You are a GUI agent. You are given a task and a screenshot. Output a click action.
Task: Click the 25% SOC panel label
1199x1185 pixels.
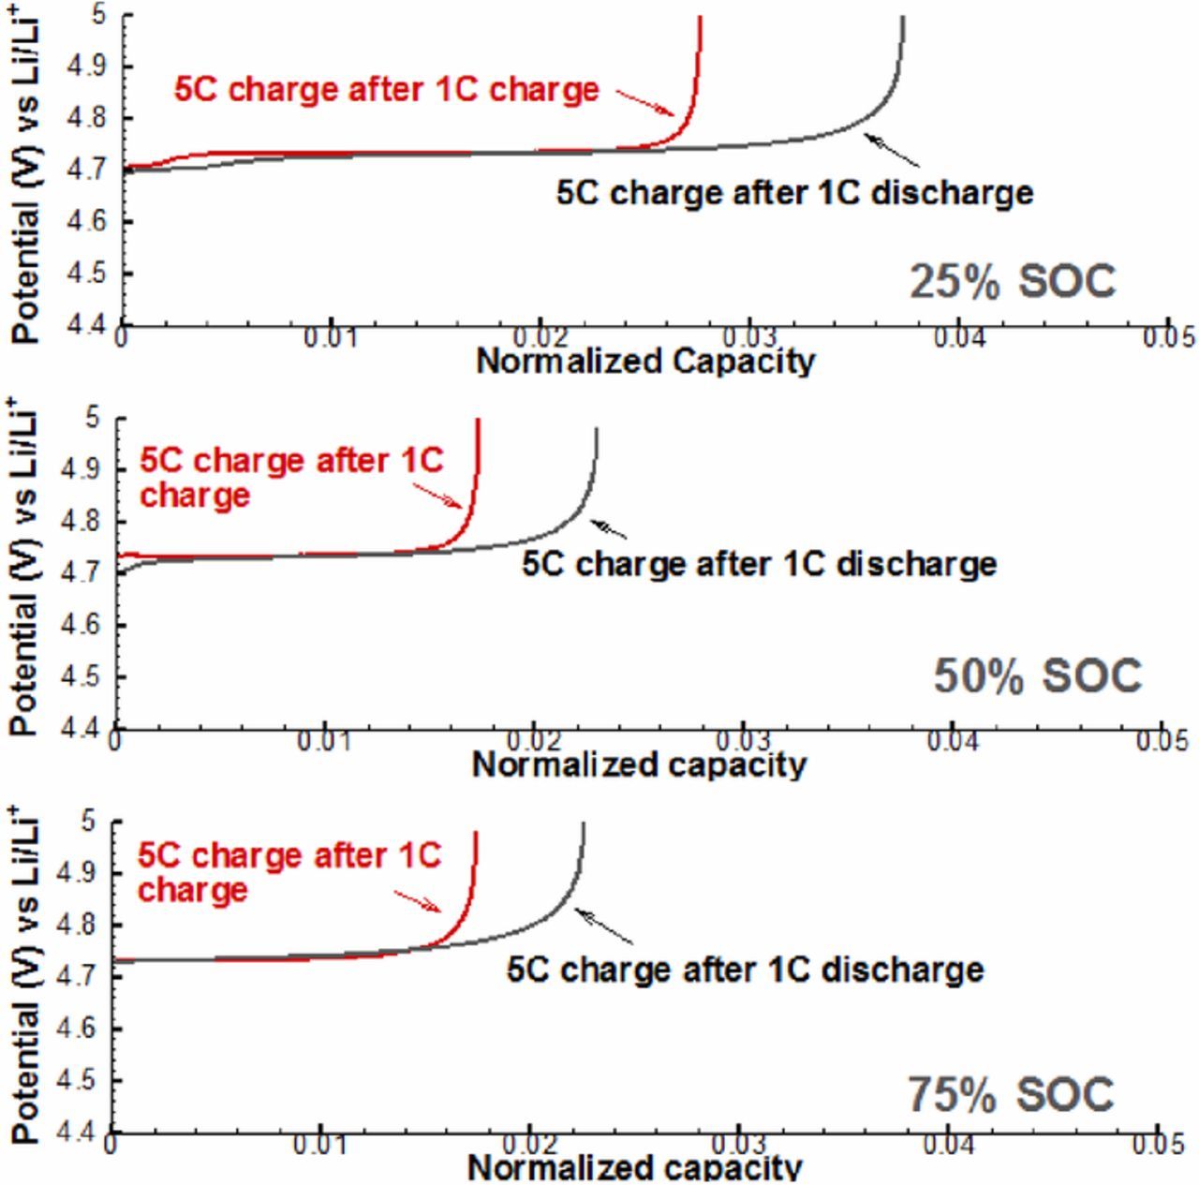tap(1012, 282)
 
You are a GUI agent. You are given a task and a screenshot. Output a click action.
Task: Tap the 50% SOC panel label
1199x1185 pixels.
tap(1037, 676)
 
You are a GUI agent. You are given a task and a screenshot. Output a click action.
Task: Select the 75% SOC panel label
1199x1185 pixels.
tap(1011, 1094)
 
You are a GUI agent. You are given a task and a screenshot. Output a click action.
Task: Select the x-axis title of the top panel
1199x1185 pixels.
tap(645, 361)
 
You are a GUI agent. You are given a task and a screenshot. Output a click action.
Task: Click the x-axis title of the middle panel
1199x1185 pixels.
tap(639, 764)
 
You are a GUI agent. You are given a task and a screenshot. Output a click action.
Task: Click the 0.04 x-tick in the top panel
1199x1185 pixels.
tap(957, 337)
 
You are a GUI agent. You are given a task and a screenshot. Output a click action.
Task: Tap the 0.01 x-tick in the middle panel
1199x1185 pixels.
tap(324, 741)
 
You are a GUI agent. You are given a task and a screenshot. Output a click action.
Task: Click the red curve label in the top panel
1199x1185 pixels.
tap(386, 90)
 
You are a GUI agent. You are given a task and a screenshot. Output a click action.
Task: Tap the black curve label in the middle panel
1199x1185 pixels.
tap(759, 564)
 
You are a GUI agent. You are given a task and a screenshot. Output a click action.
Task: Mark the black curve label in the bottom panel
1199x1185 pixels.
tap(746, 969)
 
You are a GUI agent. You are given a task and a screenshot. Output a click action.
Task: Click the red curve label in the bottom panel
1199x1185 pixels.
tap(289, 872)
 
